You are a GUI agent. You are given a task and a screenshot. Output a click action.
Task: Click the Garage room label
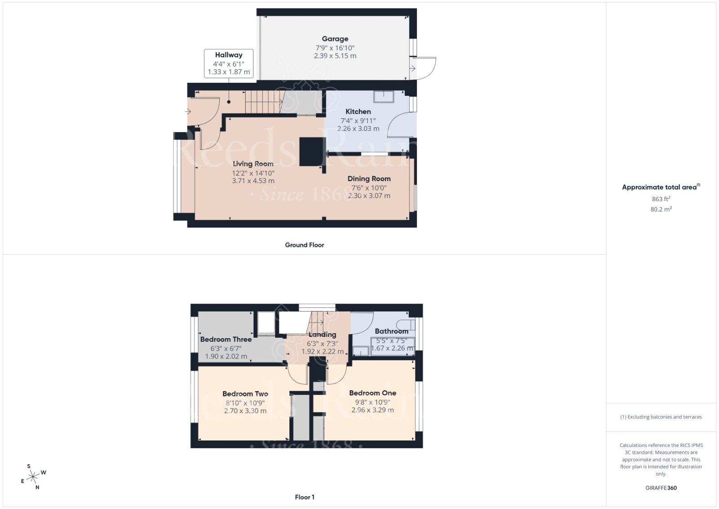[335, 39]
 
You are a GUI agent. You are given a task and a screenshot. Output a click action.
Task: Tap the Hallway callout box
[228, 63]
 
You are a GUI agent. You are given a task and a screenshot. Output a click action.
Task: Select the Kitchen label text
[358, 112]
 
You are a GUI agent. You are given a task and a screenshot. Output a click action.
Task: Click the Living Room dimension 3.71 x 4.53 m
[253, 181]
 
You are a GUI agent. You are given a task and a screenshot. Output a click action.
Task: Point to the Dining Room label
[369, 179]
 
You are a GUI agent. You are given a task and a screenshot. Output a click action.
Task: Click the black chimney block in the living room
[312, 152]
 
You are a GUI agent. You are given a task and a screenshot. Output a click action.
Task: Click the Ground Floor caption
[304, 245]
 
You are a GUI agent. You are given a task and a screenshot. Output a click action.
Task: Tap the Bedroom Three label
[226, 339]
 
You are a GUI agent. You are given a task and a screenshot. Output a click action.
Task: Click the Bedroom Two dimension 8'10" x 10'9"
[245, 402]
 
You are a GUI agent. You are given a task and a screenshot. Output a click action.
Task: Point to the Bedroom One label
[373, 393]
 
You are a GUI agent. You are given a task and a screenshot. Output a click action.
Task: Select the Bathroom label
[391, 331]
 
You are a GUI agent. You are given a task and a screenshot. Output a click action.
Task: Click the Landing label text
[322, 335]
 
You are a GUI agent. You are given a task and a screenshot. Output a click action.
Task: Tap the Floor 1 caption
[304, 497]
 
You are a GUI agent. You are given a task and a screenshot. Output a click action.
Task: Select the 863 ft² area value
[661, 199]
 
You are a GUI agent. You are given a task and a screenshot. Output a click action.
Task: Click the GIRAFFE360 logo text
[661, 488]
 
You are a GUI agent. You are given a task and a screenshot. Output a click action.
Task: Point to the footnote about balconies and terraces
[661, 417]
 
